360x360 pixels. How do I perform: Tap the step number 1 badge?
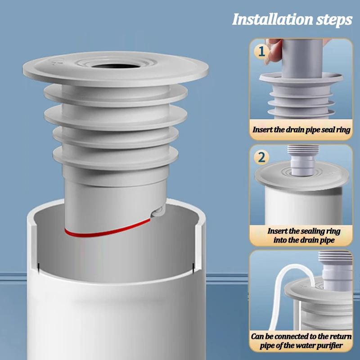[261, 51]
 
